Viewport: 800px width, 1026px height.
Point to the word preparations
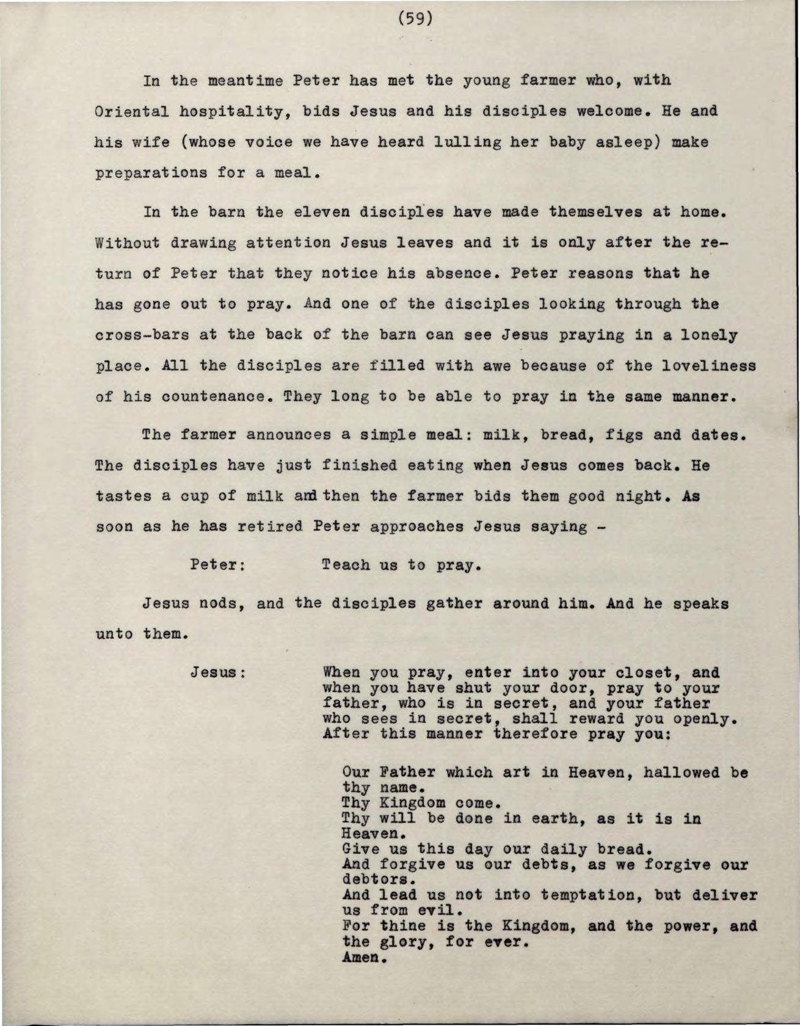coord(151,173)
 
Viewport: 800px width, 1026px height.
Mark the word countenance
coord(213,397)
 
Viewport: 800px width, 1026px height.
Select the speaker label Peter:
coord(218,564)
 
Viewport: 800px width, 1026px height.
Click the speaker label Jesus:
coord(218,673)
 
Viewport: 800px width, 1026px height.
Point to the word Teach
coord(345,565)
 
